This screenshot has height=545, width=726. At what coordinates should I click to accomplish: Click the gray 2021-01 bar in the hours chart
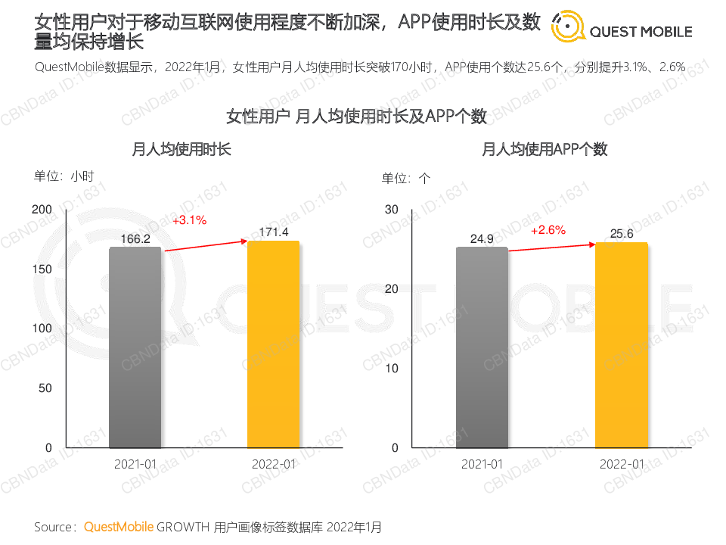[x=135, y=347]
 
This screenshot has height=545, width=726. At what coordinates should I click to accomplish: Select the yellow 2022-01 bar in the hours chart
[x=274, y=344]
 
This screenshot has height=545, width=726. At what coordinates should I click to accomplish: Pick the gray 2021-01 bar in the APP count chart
[x=482, y=347]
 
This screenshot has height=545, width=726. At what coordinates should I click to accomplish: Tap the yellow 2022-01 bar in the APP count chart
[x=621, y=345]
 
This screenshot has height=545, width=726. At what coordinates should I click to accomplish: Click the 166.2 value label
[x=135, y=238]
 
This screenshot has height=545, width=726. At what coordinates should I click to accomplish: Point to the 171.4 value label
[x=274, y=232]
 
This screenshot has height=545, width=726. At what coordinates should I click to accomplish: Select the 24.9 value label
[x=482, y=239]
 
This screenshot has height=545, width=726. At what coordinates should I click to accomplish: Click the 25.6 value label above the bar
[x=621, y=234]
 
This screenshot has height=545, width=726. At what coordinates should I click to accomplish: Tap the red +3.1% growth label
[x=189, y=220]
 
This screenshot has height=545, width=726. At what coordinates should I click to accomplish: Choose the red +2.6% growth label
[x=548, y=230]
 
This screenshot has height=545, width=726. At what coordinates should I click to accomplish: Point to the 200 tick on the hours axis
[x=42, y=209]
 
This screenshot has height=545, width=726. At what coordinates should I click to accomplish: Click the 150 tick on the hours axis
[x=42, y=269]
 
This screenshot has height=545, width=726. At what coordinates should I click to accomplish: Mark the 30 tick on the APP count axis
[x=391, y=209]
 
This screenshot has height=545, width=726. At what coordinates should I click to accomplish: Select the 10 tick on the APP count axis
[x=391, y=368]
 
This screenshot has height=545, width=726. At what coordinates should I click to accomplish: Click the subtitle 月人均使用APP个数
[x=544, y=149]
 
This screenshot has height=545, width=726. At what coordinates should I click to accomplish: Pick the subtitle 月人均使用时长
[x=181, y=149]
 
